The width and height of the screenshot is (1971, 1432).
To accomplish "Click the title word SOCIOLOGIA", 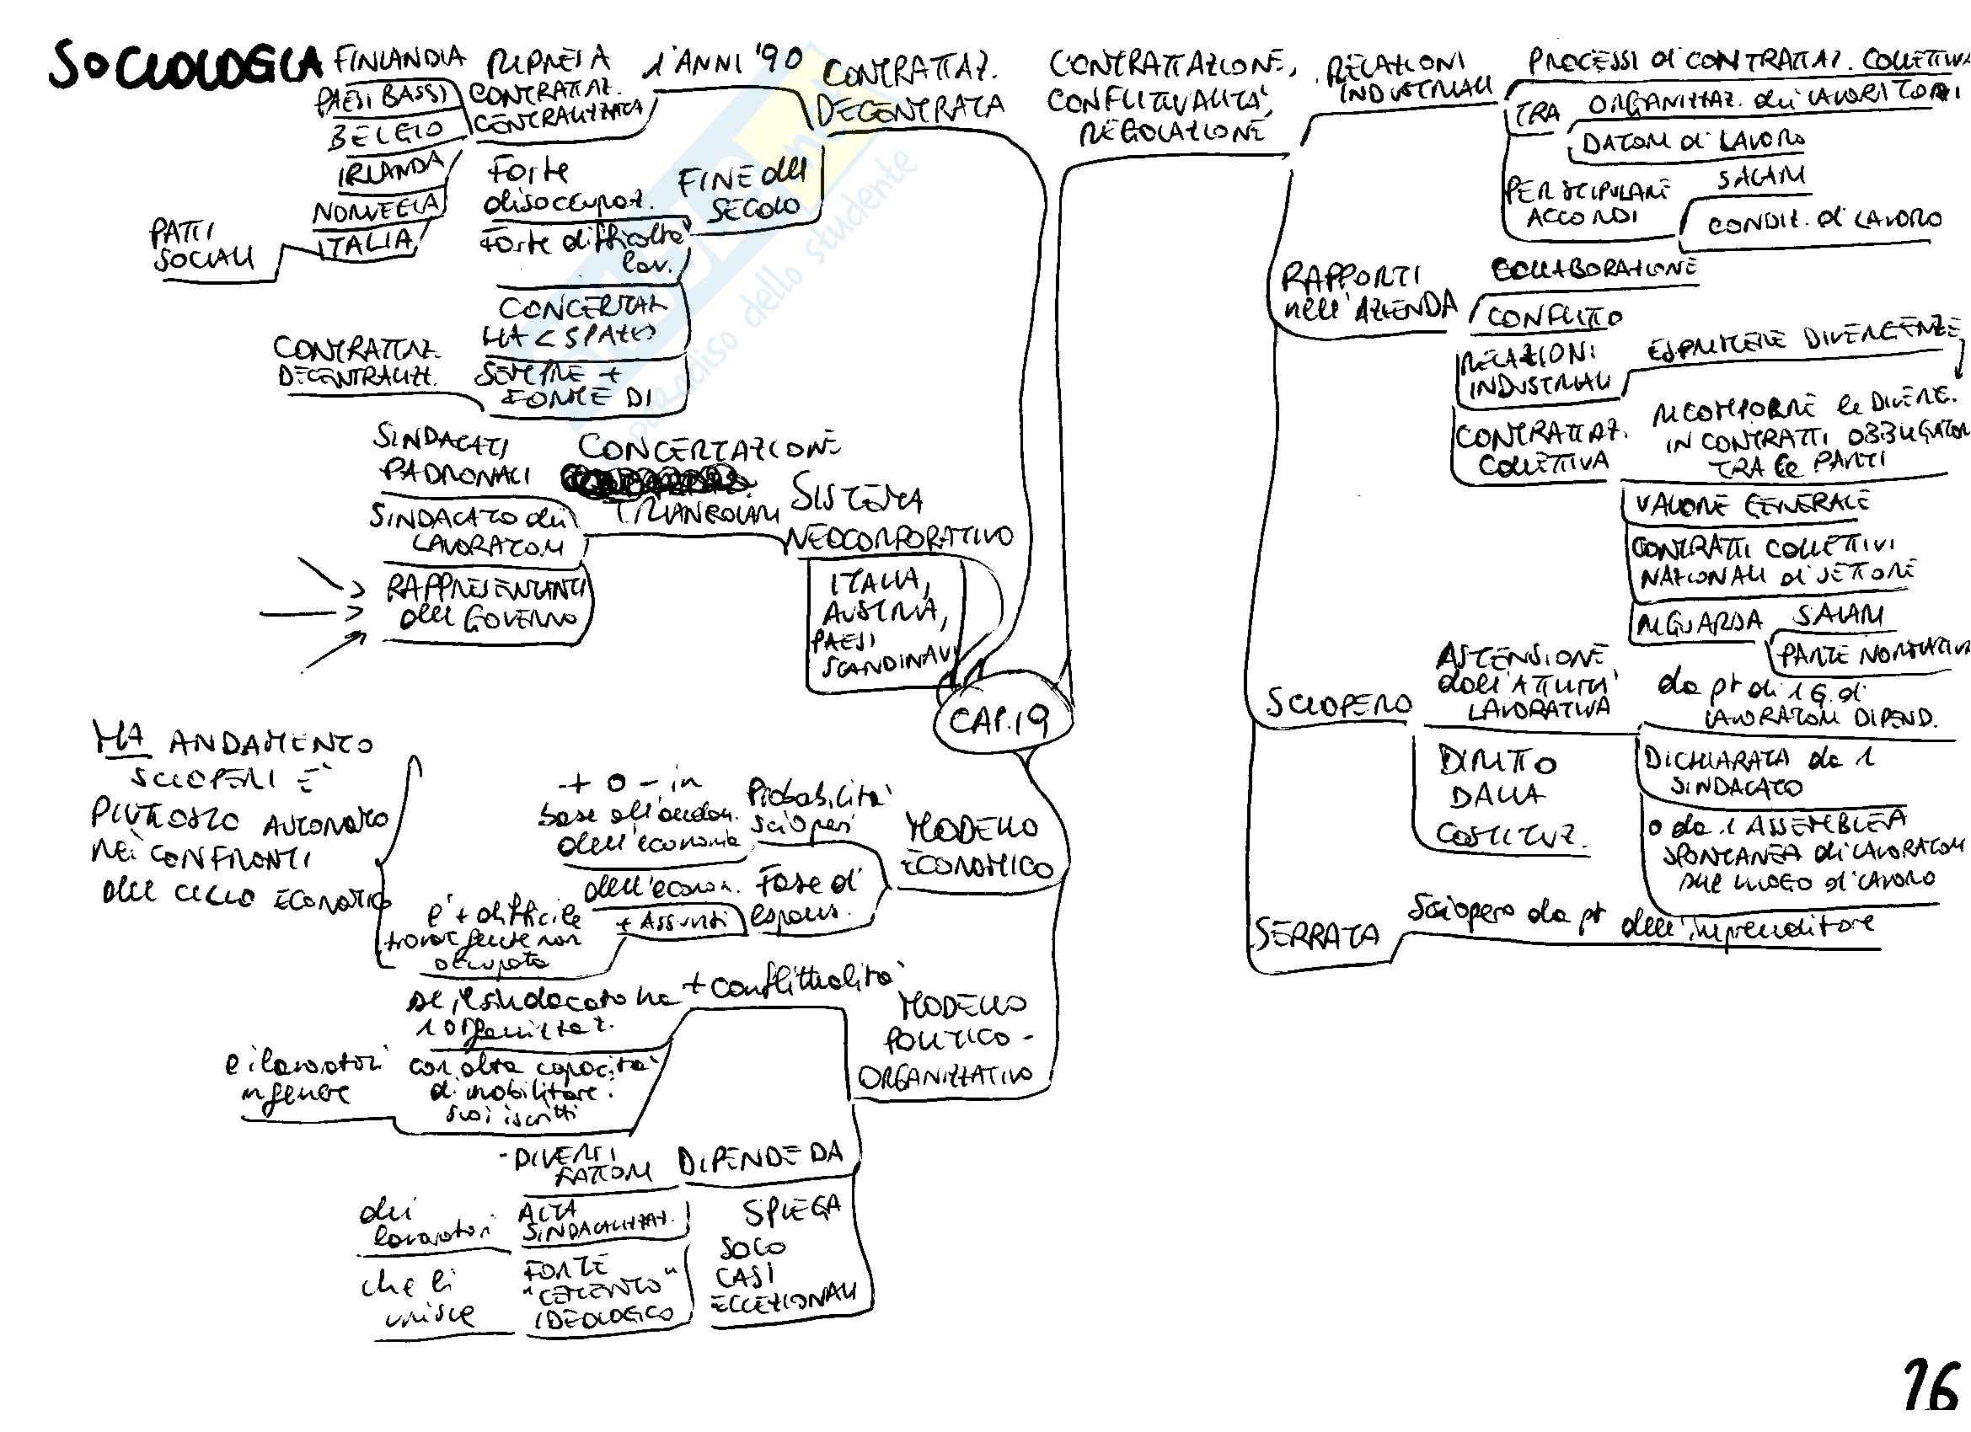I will point(183,66).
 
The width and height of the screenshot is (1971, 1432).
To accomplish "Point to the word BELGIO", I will point(386,135).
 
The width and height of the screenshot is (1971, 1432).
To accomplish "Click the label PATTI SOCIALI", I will point(203,246).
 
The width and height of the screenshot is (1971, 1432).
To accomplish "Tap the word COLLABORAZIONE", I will point(1594,270).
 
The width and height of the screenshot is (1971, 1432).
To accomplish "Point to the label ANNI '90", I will point(723,63).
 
